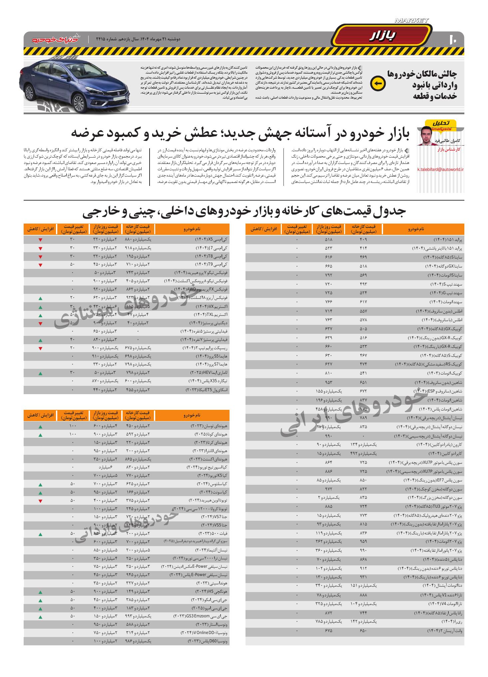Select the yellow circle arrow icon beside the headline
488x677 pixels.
pyautogui.click(x=378, y=84)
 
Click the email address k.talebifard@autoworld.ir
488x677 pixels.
pyautogui.click(x=440, y=169)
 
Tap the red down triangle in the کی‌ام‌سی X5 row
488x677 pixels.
pyautogui.click(x=40, y=240)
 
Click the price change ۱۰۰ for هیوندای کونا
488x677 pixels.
pyautogui.click(x=73, y=435)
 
